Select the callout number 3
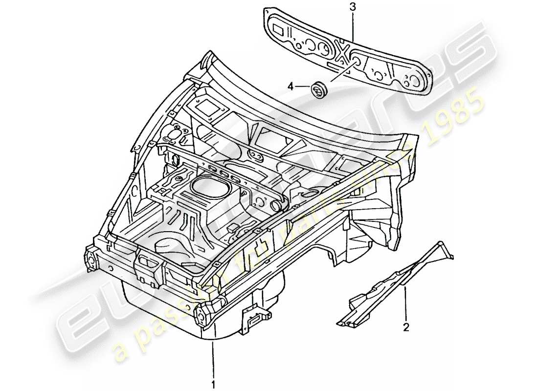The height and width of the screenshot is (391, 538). click(x=353, y=7)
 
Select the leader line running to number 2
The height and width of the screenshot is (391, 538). click(x=405, y=304)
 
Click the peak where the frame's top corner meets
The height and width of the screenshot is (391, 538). click(x=209, y=55)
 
